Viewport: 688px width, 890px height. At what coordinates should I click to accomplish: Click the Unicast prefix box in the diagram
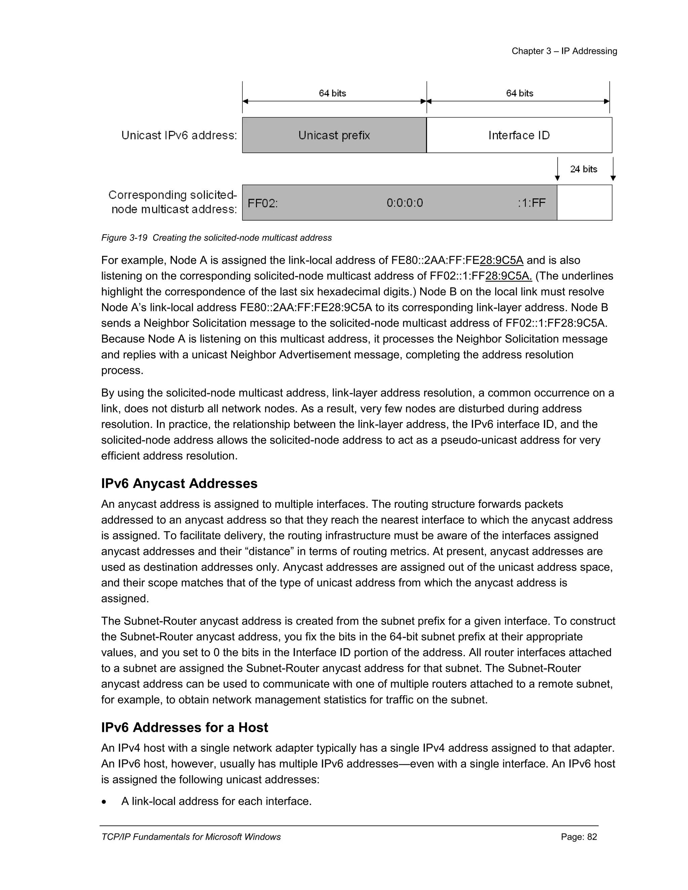click(x=334, y=135)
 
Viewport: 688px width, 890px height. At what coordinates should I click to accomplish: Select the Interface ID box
click(x=519, y=135)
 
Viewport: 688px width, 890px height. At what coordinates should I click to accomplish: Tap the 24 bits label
click(x=583, y=169)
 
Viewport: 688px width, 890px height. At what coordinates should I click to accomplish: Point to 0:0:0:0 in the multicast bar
click(x=405, y=203)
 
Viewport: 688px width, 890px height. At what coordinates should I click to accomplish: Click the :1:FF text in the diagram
click(x=531, y=203)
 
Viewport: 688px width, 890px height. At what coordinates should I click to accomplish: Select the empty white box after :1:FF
click(x=584, y=203)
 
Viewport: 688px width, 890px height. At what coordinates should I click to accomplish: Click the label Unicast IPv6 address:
click(x=179, y=135)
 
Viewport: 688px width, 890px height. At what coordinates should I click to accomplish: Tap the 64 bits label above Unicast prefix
click(x=332, y=93)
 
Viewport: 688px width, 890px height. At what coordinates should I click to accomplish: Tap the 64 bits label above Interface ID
click(x=519, y=93)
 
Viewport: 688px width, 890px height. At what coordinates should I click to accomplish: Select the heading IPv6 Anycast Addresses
click(x=179, y=483)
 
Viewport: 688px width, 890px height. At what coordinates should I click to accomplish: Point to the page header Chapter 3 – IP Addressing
click(x=564, y=51)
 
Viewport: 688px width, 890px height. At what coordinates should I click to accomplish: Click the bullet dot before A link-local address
click(x=105, y=802)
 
